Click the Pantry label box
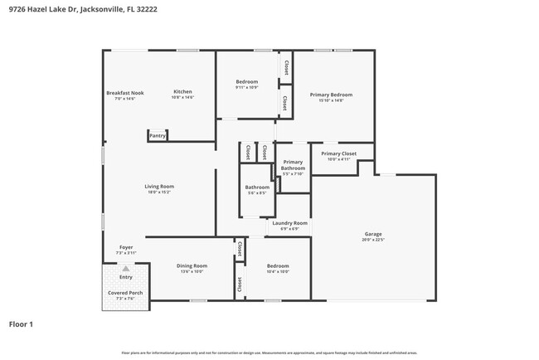point(158,135)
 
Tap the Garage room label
point(373,234)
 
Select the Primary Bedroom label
point(331,95)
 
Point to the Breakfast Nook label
point(124,92)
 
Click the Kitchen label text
point(182,91)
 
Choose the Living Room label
point(159,186)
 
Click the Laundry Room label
point(289,222)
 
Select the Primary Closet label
point(338,153)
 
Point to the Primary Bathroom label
point(293,165)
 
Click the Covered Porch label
point(125,293)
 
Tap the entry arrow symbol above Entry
point(126,269)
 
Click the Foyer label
point(125,247)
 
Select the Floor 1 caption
point(21,324)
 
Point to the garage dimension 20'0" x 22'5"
point(373,241)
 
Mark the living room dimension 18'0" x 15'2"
point(159,192)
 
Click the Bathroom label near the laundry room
point(257,187)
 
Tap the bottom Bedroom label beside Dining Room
point(277,265)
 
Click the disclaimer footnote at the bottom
point(269,353)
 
